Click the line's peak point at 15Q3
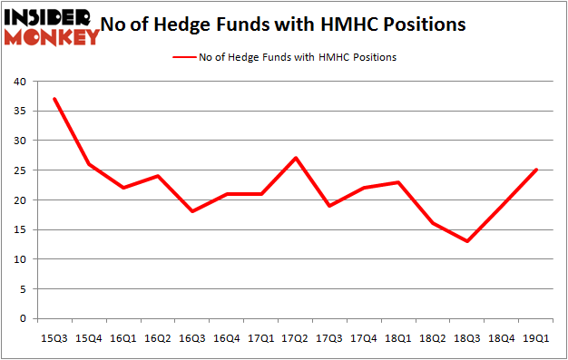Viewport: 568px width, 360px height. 54,99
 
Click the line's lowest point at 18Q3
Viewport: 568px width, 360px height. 467,241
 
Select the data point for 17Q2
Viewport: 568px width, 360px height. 296,158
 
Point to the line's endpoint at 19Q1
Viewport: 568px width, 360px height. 536,170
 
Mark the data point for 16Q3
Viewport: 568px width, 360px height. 192,211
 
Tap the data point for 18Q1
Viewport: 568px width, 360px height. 398,182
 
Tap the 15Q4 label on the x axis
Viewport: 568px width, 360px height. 89,337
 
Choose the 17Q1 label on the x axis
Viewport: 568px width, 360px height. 261,337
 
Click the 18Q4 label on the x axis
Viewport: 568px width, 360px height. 502,337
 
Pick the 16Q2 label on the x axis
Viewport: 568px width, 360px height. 158,337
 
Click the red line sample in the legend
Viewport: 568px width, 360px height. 182,56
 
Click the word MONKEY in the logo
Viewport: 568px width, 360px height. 53,37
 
